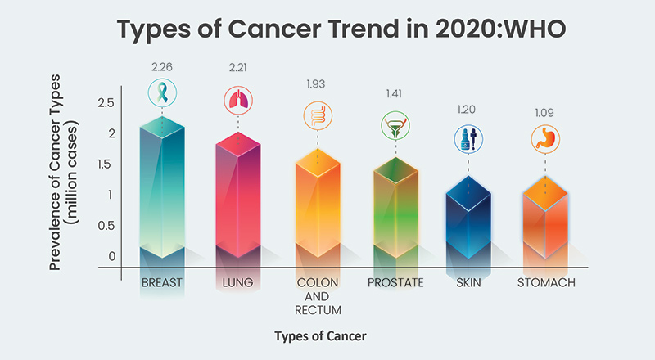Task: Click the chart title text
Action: pyautogui.click(x=327, y=31)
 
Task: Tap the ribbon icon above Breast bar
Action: pyautogui.click(x=162, y=91)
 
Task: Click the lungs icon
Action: pyautogui.click(x=237, y=100)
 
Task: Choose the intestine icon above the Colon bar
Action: pyautogui.click(x=315, y=115)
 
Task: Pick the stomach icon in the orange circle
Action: pyautogui.click(x=544, y=137)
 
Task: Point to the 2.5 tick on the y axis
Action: pyautogui.click(x=104, y=103)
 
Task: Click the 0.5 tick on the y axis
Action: pyautogui.click(x=104, y=226)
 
